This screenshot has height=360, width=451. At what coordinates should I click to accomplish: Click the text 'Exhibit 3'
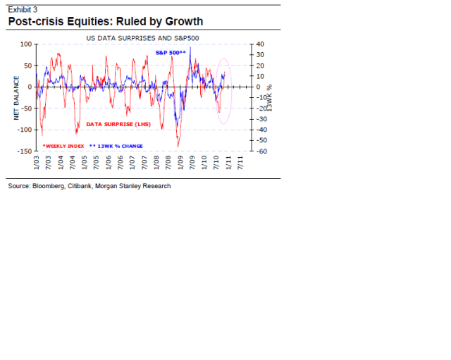click(23, 9)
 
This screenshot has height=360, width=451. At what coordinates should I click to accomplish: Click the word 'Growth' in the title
click(180, 21)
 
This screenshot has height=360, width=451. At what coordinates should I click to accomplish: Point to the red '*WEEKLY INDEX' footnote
click(63, 145)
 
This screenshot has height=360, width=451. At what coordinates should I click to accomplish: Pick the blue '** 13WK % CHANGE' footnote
click(116, 145)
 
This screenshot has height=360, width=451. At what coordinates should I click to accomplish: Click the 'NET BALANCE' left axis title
click(16, 97)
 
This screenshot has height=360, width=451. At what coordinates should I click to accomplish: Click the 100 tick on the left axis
click(25, 44)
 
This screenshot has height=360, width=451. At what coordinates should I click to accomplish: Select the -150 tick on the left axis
click(23, 151)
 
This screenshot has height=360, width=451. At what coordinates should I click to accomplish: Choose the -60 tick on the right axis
click(260, 151)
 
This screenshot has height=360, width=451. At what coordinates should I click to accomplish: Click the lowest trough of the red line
click(178, 146)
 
